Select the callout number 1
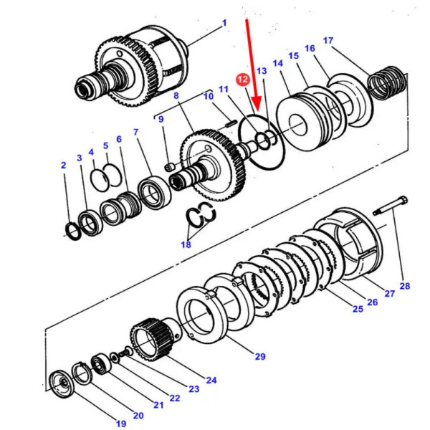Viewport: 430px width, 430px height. (224, 23)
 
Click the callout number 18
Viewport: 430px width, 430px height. (186, 245)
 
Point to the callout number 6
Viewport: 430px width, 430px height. (118, 139)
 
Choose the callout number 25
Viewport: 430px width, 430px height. (358, 309)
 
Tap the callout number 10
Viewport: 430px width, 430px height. (208, 96)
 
